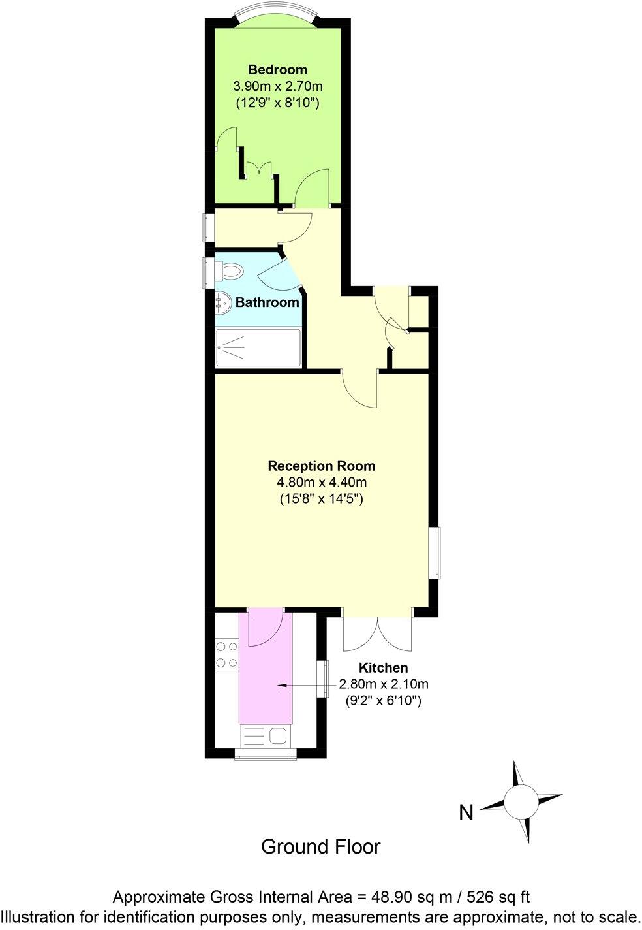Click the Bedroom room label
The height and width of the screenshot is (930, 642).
(277, 70)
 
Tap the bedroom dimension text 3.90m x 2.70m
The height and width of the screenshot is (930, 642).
(278, 86)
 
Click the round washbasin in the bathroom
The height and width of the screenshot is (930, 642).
(222, 303)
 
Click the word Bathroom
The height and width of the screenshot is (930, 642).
(267, 302)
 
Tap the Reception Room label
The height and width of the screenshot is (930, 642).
(321, 466)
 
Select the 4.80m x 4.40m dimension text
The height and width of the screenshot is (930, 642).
(321, 483)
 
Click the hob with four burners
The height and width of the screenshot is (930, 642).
(227, 655)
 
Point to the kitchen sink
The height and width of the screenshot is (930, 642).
(266, 737)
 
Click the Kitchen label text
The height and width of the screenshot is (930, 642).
(383, 668)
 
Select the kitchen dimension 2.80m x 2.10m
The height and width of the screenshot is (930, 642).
(383, 684)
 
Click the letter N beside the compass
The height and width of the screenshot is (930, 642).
(466, 813)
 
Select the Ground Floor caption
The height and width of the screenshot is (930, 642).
(320, 847)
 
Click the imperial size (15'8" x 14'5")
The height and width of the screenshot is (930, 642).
(321, 499)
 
